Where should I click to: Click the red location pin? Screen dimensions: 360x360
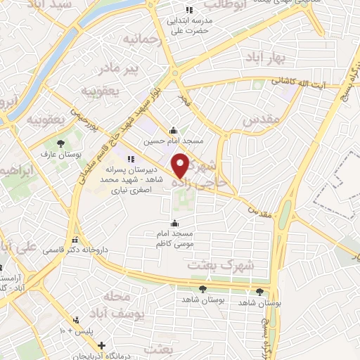(x=181, y=166)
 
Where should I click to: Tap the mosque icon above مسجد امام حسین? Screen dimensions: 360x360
(x=174, y=130)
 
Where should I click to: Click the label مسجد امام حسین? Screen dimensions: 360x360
(x=174, y=141)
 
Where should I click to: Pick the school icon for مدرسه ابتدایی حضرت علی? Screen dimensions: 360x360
(x=188, y=10)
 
